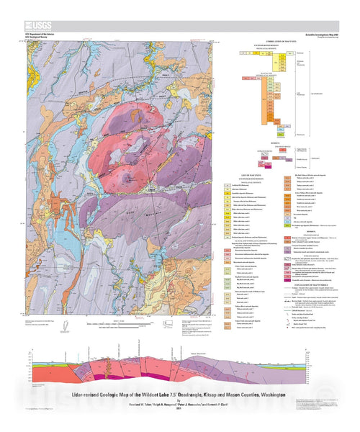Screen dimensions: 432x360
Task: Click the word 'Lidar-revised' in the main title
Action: point(91,377)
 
